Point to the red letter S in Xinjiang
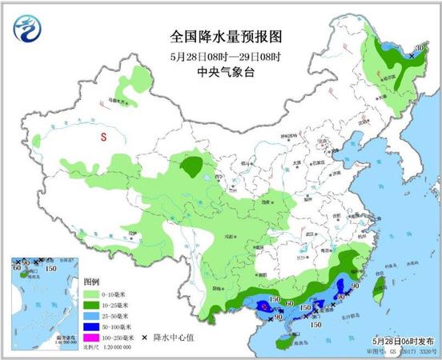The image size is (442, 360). click(x=103, y=137)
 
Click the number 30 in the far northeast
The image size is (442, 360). click(x=420, y=50)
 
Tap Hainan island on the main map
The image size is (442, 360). click(x=286, y=342)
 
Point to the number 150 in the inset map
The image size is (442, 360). click(x=50, y=269)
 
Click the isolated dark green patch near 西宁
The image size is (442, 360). click(x=191, y=167)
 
